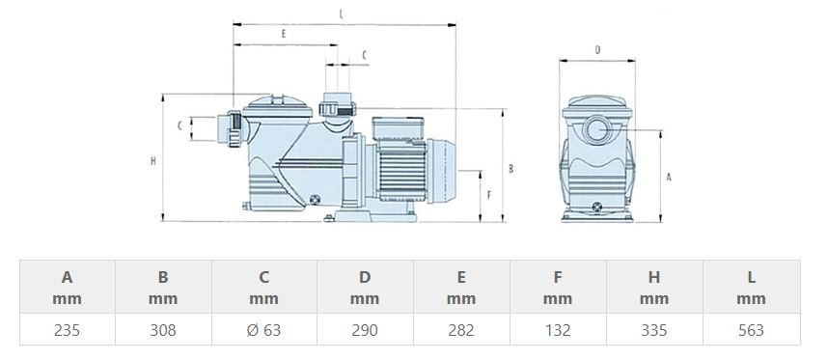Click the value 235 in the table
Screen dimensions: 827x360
pos(67,330)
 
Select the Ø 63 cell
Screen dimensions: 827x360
pos(263,330)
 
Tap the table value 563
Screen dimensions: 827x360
pos(751,330)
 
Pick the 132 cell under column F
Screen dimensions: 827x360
pos(558,330)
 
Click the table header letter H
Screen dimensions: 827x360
pos(654,277)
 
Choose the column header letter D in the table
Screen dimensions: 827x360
pos(365,277)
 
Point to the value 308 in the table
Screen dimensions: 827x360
pos(163,330)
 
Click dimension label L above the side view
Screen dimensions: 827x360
pos(342,14)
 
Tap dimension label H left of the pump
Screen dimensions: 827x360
pos(153,161)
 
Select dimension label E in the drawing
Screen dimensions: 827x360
pos(284,34)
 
